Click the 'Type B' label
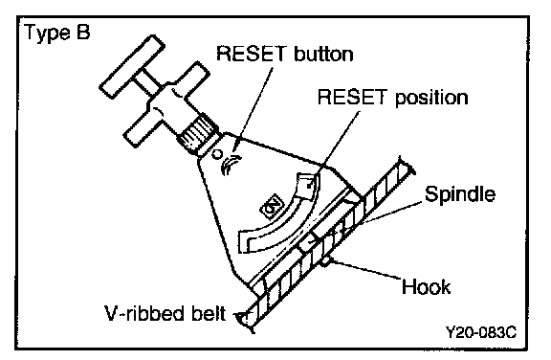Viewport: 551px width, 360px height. (x=57, y=33)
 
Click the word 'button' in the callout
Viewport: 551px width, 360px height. (x=323, y=55)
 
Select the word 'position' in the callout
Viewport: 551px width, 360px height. (x=431, y=98)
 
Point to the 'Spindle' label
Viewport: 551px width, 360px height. (x=460, y=194)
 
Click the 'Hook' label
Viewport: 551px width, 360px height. (x=426, y=286)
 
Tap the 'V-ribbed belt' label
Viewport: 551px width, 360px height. (x=165, y=313)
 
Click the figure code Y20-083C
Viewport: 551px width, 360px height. (x=481, y=331)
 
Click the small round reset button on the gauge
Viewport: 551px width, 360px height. (x=217, y=154)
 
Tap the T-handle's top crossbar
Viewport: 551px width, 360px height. (x=132, y=67)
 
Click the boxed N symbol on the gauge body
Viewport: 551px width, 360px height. (x=272, y=208)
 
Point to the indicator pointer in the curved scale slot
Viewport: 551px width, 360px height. (x=306, y=185)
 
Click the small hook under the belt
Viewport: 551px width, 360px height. (x=326, y=261)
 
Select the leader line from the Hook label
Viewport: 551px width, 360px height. (x=366, y=270)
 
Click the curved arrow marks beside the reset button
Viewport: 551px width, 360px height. (x=231, y=164)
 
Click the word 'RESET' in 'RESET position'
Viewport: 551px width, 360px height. (x=352, y=97)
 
